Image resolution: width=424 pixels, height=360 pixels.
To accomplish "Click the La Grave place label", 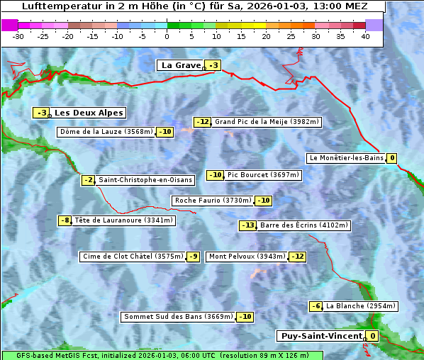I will pos(181,65).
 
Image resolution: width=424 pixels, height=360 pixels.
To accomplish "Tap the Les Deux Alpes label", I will pos(89,113).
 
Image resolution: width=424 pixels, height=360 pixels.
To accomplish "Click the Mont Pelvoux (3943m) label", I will pos(247,257).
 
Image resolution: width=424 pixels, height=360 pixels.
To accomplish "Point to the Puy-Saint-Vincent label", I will pos(321,336).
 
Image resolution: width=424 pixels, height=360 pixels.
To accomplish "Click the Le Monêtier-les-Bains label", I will pos(347,158).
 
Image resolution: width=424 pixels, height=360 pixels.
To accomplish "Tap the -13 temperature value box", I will pos(247,225).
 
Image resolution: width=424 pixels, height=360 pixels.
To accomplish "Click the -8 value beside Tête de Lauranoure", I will pos(65,220).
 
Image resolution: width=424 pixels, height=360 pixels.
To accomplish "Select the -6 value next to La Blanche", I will pos(316,306).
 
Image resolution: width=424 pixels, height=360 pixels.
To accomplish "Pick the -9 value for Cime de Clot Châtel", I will pos(193,257).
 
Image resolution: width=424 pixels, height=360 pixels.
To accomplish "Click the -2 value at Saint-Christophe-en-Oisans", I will pos(88,180).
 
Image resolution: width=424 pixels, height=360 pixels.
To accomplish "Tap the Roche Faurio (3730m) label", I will pos(213,201).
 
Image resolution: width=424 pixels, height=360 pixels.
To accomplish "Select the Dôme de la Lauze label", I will pos(106,132).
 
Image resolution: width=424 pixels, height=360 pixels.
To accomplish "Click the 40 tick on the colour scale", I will pos(365,35).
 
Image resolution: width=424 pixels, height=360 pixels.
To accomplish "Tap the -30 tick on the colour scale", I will pos(18,35).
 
